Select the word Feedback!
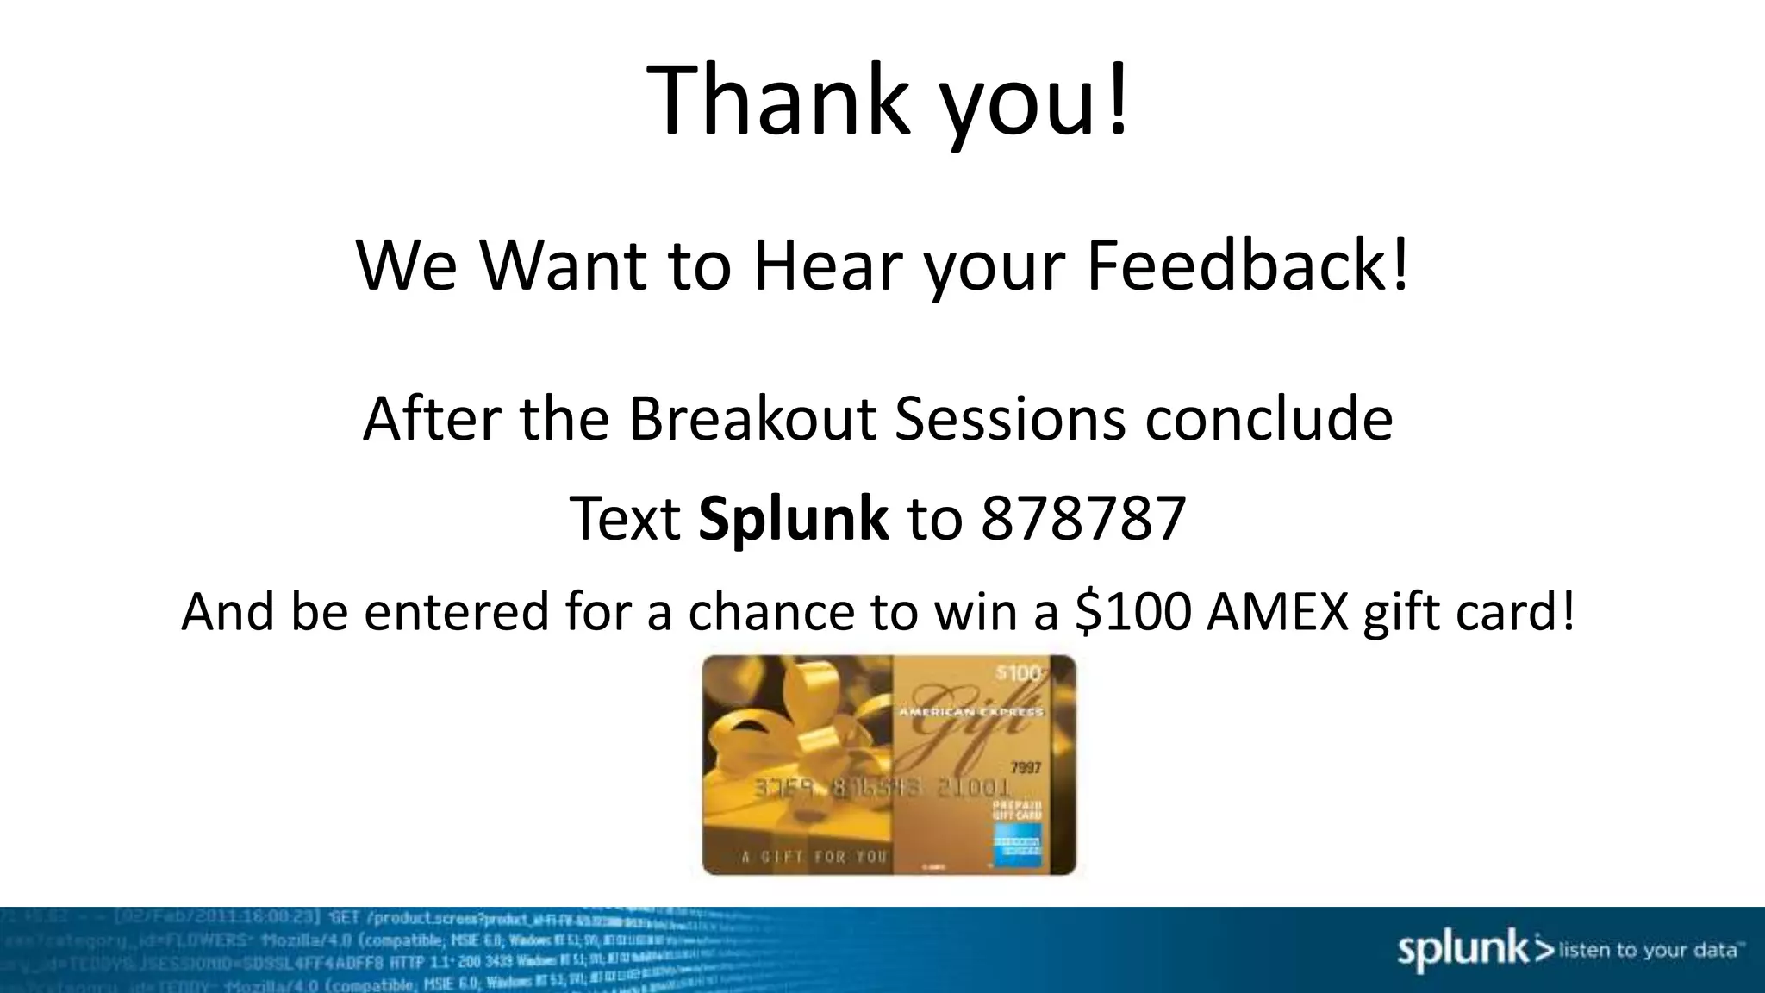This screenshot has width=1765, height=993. coord(1247,265)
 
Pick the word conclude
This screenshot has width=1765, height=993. coord(1269,418)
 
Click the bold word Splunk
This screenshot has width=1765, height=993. coord(793,519)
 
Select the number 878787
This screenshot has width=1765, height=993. coord(1083,519)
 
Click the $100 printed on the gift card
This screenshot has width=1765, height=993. coord(1019,673)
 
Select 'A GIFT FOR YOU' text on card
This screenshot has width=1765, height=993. coord(814,857)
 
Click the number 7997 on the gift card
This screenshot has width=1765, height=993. coord(1025,768)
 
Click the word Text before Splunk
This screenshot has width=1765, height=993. coord(625,519)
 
